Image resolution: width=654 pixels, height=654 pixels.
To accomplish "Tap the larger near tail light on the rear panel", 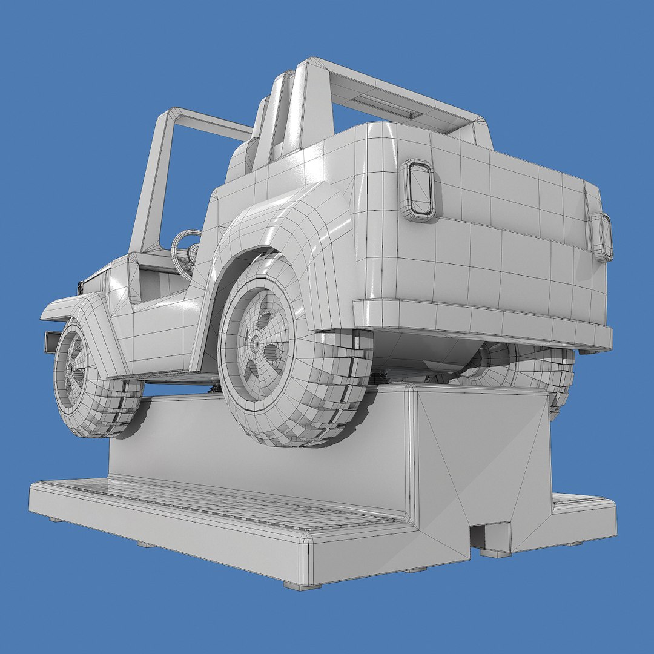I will pyautogui.click(x=418, y=190).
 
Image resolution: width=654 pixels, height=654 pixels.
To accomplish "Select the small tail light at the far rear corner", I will pyautogui.click(x=603, y=237).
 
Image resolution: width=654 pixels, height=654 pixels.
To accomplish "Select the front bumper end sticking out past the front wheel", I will pyautogui.click(x=51, y=342).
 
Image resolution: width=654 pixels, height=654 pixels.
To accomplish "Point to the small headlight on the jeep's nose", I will pyautogui.click(x=79, y=287).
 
